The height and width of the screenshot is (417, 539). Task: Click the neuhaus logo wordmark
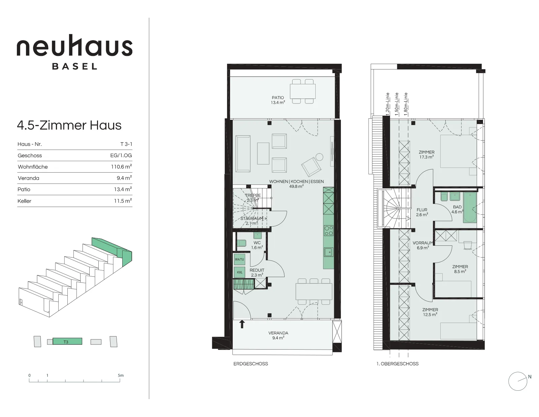(x=74, y=46)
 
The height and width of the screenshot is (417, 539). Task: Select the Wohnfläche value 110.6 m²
(x=121, y=167)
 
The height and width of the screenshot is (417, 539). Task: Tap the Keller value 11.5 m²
(x=123, y=201)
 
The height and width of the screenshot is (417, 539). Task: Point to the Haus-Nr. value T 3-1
(x=126, y=144)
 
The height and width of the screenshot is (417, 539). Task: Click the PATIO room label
(x=278, y=97)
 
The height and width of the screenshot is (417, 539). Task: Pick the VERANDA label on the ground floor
(x=278, y=333)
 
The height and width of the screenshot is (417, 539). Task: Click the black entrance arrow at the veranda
(x=242, y=324)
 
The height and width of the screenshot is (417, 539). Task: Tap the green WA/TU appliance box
(x=240, y=259)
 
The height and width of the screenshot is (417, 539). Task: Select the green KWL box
(x=240, y=272)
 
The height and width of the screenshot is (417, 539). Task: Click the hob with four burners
(x=329, y=230)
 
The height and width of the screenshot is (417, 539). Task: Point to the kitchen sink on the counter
(x=329, y=252)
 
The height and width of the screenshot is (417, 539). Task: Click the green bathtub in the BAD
(x=470, y=208)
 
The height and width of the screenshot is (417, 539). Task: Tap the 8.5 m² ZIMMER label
(x=460, y=269)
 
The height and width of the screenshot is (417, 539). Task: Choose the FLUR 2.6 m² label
(x=422, y=212)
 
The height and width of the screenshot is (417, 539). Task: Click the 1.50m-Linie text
(x=397, y=104)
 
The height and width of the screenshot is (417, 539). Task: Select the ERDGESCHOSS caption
(x=251, y=364)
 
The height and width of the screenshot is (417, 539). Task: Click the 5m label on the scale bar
(x=121, y=375)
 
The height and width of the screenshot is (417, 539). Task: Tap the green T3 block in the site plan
(x=67, y=341)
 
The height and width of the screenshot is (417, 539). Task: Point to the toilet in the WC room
(x=241, y=243)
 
